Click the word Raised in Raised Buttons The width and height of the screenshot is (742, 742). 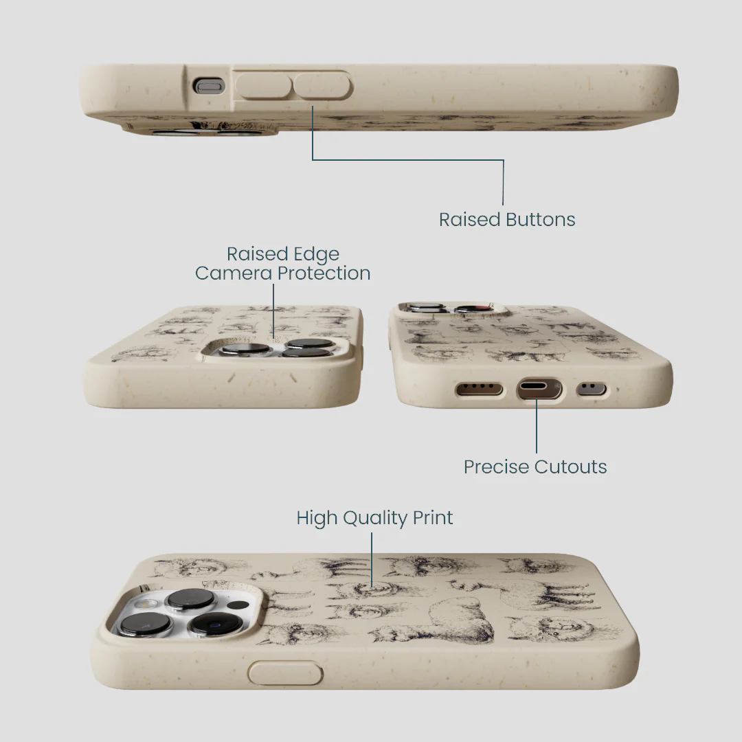(x=469, y=220)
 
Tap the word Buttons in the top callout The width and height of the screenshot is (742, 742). (x=541, y=220)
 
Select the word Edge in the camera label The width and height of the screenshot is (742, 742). (x=316, y=255)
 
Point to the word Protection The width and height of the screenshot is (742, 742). (x=324, y=273)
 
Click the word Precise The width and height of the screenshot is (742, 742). (x=497, y=467)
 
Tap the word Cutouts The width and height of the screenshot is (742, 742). (x=571, y=467)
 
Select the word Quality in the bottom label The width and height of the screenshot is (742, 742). (x=375, y=519)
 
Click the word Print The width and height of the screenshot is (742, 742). (x=433, y=518)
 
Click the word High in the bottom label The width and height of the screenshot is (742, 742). (x=317, y=519)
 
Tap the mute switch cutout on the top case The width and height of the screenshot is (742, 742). (x=208, y=86)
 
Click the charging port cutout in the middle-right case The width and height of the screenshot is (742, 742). (x=539, y=389)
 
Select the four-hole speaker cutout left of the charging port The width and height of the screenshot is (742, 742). (x=479, y=389)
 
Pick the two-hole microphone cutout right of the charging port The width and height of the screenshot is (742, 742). (x=592, y=390)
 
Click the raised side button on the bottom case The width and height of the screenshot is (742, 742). (x=285, y=673)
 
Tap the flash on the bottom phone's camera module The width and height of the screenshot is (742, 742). (x=144, y=604)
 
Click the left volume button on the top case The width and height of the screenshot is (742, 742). (x=263, y=86)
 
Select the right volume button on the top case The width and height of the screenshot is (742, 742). (x=322, y=86)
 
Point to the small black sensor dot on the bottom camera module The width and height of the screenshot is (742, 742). (x=238, y=606)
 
